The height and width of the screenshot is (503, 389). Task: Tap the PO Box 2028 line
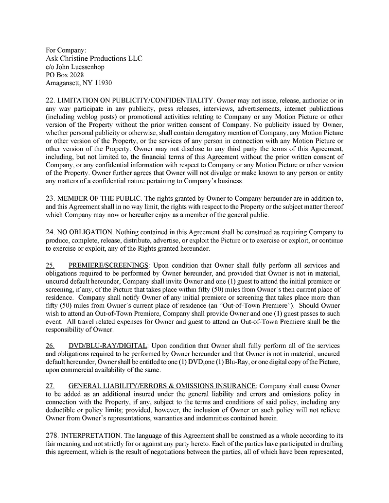coord(65,75)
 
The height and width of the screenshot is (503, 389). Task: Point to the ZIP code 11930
coord(102,83)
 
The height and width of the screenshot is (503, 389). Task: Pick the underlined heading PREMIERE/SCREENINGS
coord(108,265)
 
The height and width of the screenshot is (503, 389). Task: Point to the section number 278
coord(52,436)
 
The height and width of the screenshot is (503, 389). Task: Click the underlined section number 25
coord(50,265)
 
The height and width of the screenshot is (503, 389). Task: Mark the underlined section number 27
coord(50,386)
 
